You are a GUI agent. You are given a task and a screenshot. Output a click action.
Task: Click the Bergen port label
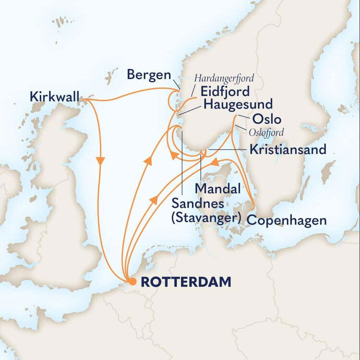point(149,75)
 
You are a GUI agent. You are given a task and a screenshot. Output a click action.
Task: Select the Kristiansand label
point(288,149)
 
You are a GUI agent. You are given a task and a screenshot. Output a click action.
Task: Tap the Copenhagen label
point(287,221)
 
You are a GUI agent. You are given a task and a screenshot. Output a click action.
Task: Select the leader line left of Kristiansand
point(226,150)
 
